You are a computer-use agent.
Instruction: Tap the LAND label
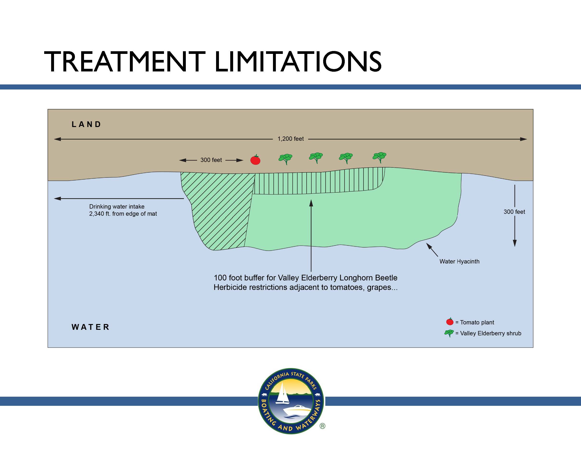[86, 124]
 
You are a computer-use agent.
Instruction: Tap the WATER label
[91, 327]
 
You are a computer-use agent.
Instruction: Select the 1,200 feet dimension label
[290, 139]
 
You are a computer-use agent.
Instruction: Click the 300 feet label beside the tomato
[211, 160]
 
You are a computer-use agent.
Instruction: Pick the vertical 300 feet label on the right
[514, 212]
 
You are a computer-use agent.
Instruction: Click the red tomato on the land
[255, 160]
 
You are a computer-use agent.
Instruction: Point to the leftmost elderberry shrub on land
[285, 159]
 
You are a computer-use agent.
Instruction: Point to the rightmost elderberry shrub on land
[380, 157]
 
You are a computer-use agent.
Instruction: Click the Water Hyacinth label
[460, 261]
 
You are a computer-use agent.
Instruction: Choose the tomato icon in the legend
[450, 322]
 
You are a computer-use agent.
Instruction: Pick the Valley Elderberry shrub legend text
[490, 333]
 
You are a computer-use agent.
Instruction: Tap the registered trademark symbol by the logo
[322, 426]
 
